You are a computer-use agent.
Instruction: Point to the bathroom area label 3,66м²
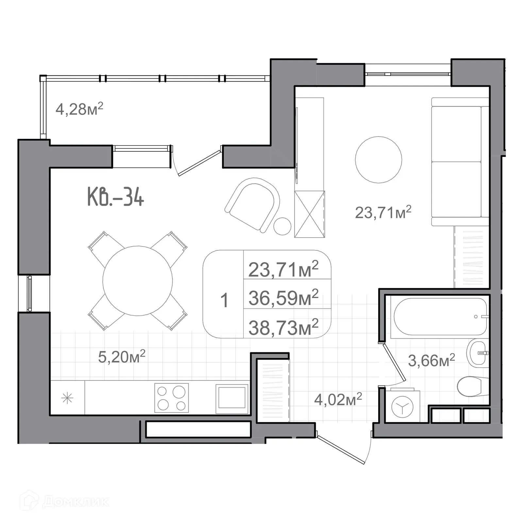coord(431,361)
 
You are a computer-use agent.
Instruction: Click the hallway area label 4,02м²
coord(338,399)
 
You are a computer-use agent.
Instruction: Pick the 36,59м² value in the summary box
coord(283,298)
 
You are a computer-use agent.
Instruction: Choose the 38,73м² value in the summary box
coord(283,328)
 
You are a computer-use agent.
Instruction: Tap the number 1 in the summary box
coord(224,300)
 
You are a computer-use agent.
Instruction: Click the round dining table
coord(138,281)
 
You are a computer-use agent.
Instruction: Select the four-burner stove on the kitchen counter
coord(172,398)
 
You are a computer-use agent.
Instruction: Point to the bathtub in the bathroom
coord(440,316)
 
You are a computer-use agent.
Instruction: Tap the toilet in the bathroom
coord(471,386)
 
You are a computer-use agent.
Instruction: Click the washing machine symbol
coord(402,407)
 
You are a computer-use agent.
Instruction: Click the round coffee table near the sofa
coord(378,160)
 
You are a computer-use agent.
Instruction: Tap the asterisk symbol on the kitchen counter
coord(67,398)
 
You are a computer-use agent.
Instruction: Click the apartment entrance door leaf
coord(341,449)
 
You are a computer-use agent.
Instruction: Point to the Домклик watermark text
coord(75,501)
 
